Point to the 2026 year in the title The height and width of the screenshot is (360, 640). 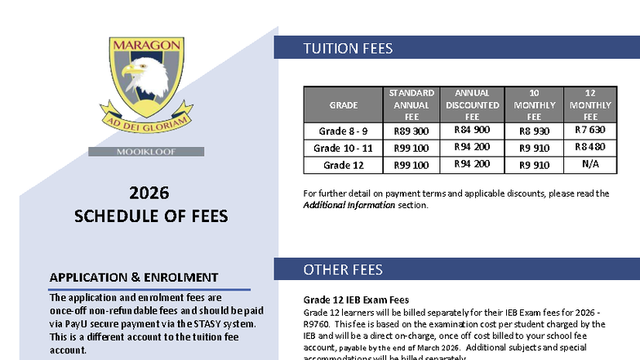pos(149,193)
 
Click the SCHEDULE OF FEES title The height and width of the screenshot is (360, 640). pos(151,216)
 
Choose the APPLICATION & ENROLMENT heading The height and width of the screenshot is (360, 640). pos(134,278)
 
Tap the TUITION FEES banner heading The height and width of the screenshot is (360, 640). pos(348,48)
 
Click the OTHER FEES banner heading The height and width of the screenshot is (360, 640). pos(343,269)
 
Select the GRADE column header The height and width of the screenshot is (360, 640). pos(343,105)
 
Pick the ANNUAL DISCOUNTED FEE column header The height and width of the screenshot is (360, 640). pos(471,105)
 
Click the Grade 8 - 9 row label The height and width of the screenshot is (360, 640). pos(343,131)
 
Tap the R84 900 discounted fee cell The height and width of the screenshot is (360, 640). pos(471,130)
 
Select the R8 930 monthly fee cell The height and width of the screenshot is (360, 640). pos(535,131)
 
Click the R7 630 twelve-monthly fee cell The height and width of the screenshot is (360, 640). pos(589,130)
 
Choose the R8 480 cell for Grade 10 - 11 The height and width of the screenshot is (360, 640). pos(589,147)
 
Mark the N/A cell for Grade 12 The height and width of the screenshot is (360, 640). pos(589,164)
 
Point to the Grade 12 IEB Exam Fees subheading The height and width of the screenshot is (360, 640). pos(356,300)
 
